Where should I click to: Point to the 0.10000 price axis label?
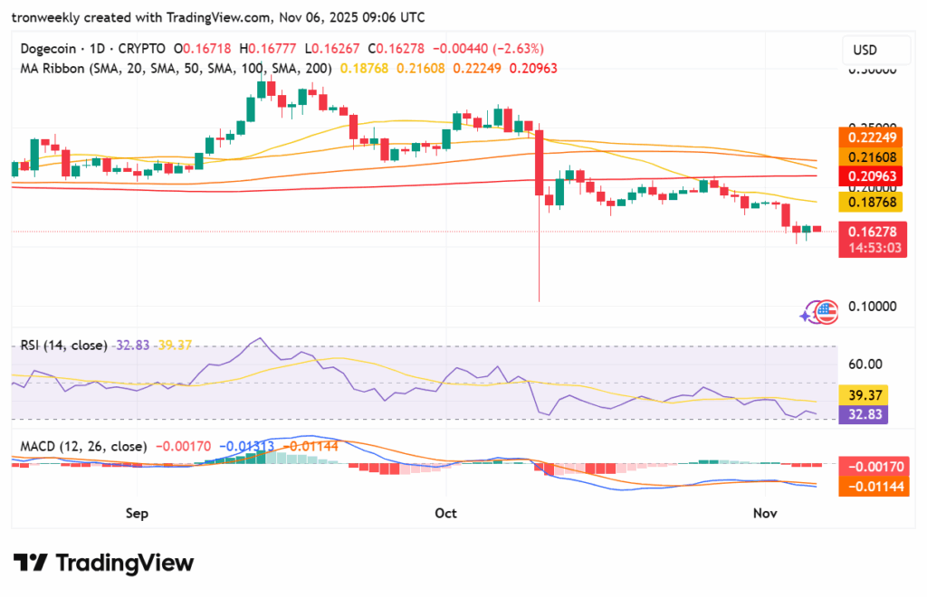871,306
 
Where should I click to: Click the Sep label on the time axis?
137,513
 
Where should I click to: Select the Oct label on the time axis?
445,513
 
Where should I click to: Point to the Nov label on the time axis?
766,513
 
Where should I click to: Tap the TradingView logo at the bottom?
103,563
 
